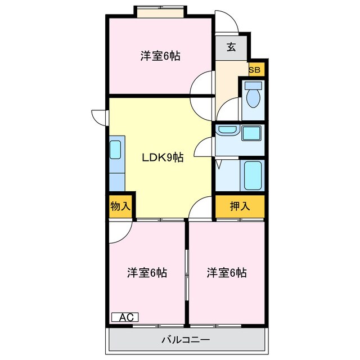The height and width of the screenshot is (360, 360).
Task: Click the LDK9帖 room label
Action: (x=162, y=157)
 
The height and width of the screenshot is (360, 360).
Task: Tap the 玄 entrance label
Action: (x=231, y=47)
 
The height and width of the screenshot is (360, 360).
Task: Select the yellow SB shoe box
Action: (x=255, y=70)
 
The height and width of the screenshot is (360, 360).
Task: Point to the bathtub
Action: (x=254, y=176)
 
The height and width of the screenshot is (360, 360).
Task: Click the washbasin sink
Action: (x=228, y=131)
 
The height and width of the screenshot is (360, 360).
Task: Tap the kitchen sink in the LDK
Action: (x=115, y=150)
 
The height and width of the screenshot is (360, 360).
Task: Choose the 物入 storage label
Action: (x=120, y=206)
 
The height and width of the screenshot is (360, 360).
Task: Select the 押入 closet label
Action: (x=240, y=206)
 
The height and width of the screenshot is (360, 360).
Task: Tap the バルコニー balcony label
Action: (x=186, y=340)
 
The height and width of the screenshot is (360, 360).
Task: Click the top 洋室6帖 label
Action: (x=160, y=56)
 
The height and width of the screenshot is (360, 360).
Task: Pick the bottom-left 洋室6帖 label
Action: (x=146, y=273)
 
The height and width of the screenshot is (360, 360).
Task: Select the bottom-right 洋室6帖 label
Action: (x=226, y=273)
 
